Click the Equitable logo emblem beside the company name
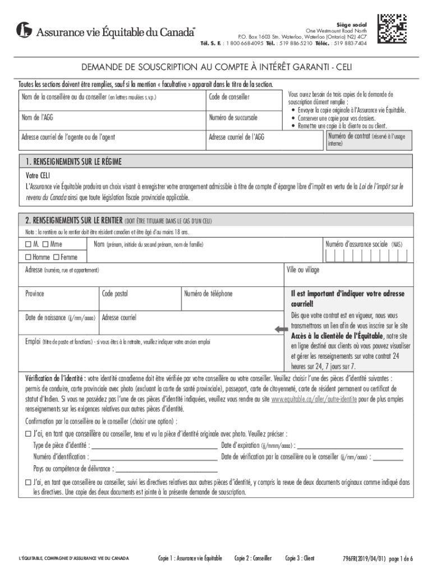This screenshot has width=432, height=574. click(24, 30)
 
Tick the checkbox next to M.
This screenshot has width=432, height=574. click(28, 245)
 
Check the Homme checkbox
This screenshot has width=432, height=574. click(28, 257)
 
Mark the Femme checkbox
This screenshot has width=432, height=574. click(56, 257)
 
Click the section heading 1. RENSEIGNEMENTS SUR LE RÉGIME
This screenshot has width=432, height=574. click(73, 162)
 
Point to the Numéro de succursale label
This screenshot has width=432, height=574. click(233, 118)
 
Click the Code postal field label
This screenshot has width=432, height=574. click(114, 293)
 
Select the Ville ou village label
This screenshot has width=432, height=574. click(303, 270)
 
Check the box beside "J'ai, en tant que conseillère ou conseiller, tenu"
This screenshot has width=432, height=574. click(28, 434)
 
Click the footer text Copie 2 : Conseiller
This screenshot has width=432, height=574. click(253, 558)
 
